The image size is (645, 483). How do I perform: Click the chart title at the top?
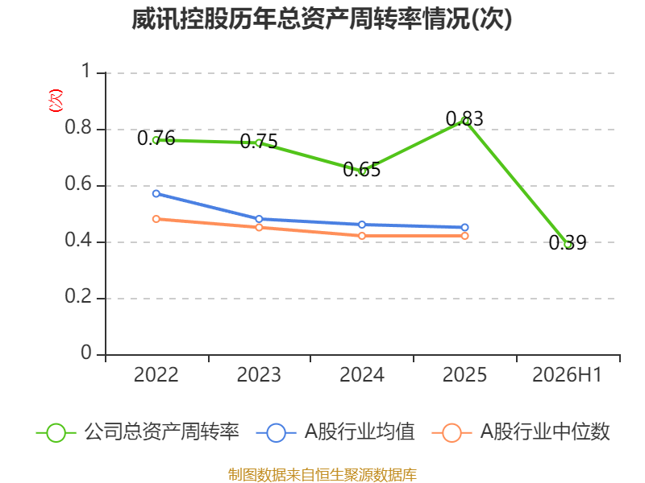[x=322, y=19]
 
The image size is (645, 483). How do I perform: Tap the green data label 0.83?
[x=464, y=118]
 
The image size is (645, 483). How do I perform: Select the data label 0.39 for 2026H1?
[x=568, y=242]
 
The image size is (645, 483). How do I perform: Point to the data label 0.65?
[x=361, y=169]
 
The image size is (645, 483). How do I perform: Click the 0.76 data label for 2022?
[x=156, y=138]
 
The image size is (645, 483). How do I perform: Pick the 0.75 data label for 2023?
[x=259, y=142]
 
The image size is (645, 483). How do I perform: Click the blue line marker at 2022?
[x=156, y=193]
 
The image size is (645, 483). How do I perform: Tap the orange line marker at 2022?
[x=156, y=219]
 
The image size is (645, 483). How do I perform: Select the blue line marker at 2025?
[x=465, y=227]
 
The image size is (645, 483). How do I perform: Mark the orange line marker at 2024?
[x=362, y=236]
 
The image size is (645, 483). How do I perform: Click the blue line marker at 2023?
[x=259, y=219]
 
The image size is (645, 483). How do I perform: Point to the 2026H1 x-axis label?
[x=568, y=375]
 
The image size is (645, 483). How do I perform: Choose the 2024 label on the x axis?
[x=362, y=375]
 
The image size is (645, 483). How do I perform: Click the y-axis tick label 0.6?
[x=78, y=184]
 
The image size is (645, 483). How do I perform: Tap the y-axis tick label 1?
[x=86, y=71]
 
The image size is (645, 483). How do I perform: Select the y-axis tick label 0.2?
[x=78, y=296]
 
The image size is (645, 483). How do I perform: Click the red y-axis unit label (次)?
[x=56, y=101]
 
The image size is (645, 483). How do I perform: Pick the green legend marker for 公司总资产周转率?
[x=56, y=433]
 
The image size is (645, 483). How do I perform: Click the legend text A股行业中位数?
[x=545, y=432]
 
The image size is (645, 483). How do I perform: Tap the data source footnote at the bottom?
[x=322, y=475]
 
